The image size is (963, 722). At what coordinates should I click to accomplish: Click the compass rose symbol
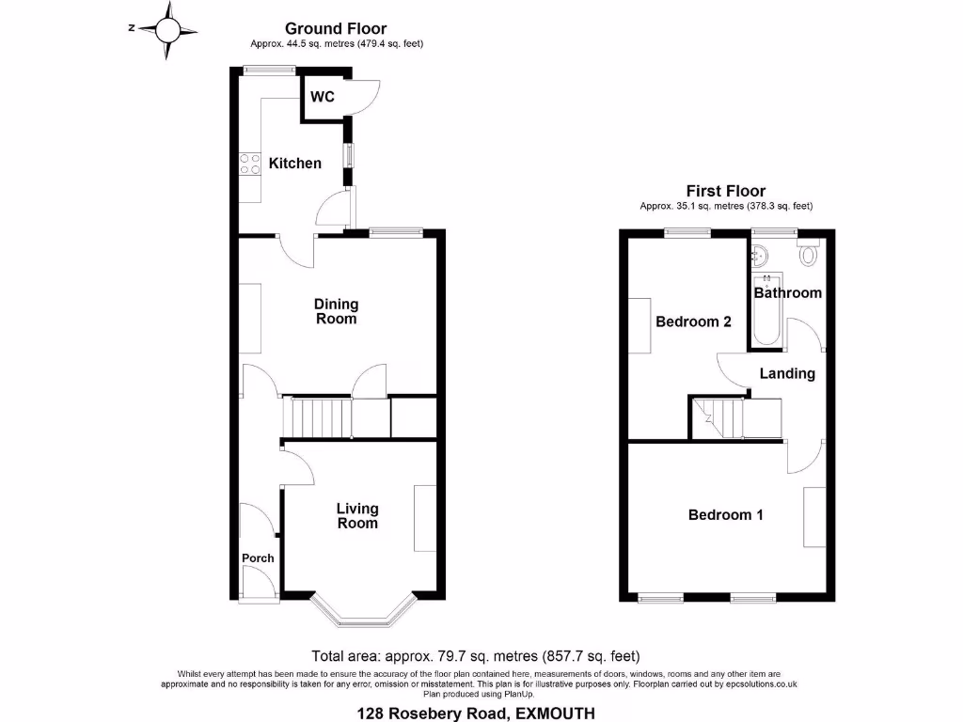point(167,29)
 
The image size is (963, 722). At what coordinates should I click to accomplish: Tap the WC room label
point(323,97)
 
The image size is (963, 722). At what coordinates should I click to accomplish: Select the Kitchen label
point(295,164)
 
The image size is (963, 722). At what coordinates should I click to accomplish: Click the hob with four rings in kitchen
point(250,164)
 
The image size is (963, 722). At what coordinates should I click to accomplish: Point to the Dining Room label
point(336,311)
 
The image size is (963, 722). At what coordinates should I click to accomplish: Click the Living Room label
point(357,516)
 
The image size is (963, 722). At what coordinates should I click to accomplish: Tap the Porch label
point(258,558)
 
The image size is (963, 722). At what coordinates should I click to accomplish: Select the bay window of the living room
point(362,611)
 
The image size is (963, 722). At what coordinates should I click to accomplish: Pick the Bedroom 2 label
point(693,322)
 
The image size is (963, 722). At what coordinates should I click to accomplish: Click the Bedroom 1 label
point(725,515)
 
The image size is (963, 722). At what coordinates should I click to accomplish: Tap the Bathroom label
point(787,293)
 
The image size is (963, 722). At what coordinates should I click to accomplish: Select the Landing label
point(787,374)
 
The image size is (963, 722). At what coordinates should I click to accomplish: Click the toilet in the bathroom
point(808,253)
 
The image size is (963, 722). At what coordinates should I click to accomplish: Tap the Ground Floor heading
point(336,29)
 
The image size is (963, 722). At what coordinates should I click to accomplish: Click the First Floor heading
point(725,191)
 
